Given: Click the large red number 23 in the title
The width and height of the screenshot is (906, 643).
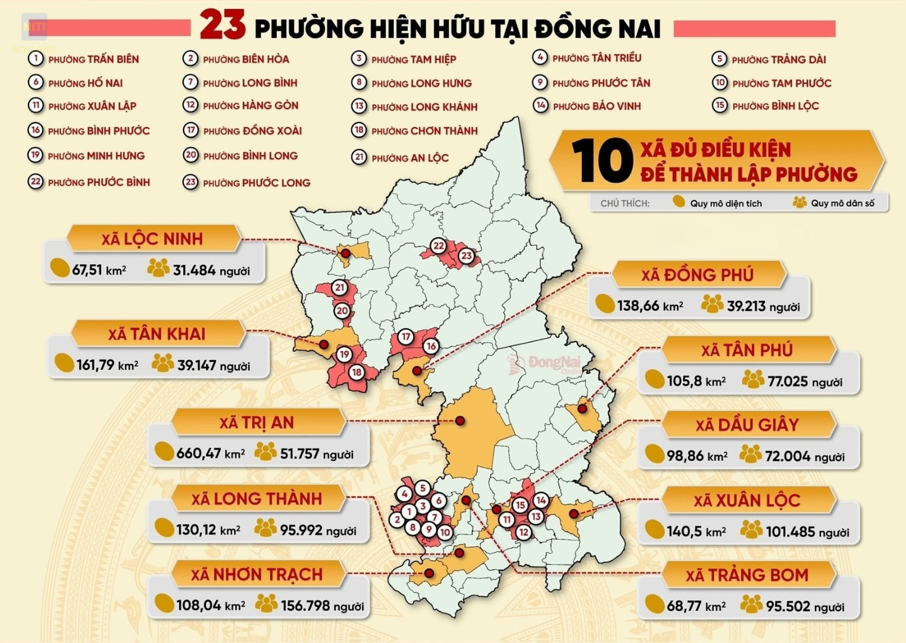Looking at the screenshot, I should point(222,26).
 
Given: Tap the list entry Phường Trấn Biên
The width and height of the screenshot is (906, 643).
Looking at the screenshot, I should point(93,59).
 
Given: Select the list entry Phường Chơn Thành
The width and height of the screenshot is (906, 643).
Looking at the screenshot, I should point(424,131).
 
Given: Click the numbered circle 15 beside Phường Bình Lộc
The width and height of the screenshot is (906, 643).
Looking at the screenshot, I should point(720,105).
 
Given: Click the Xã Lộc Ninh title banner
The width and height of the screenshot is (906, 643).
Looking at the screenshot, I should point(152,239).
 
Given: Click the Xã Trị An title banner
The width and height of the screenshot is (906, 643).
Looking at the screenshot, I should point(257,423).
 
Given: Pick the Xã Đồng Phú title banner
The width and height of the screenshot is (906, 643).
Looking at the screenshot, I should point(697,274).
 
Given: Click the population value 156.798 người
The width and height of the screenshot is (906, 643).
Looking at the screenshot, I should point(321,606).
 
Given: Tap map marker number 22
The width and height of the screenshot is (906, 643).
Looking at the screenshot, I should point(439,245).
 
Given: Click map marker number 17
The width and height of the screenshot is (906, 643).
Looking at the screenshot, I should point(406,337).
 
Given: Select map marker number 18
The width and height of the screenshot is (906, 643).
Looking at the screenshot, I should point(357,373).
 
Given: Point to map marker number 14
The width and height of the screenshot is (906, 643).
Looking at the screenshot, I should point(541,500).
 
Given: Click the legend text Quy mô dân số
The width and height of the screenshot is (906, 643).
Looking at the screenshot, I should point(842,203).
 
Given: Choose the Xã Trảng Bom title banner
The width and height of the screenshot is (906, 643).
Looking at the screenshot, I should point(746,575).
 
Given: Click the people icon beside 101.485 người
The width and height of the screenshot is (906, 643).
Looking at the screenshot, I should point(751,529).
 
